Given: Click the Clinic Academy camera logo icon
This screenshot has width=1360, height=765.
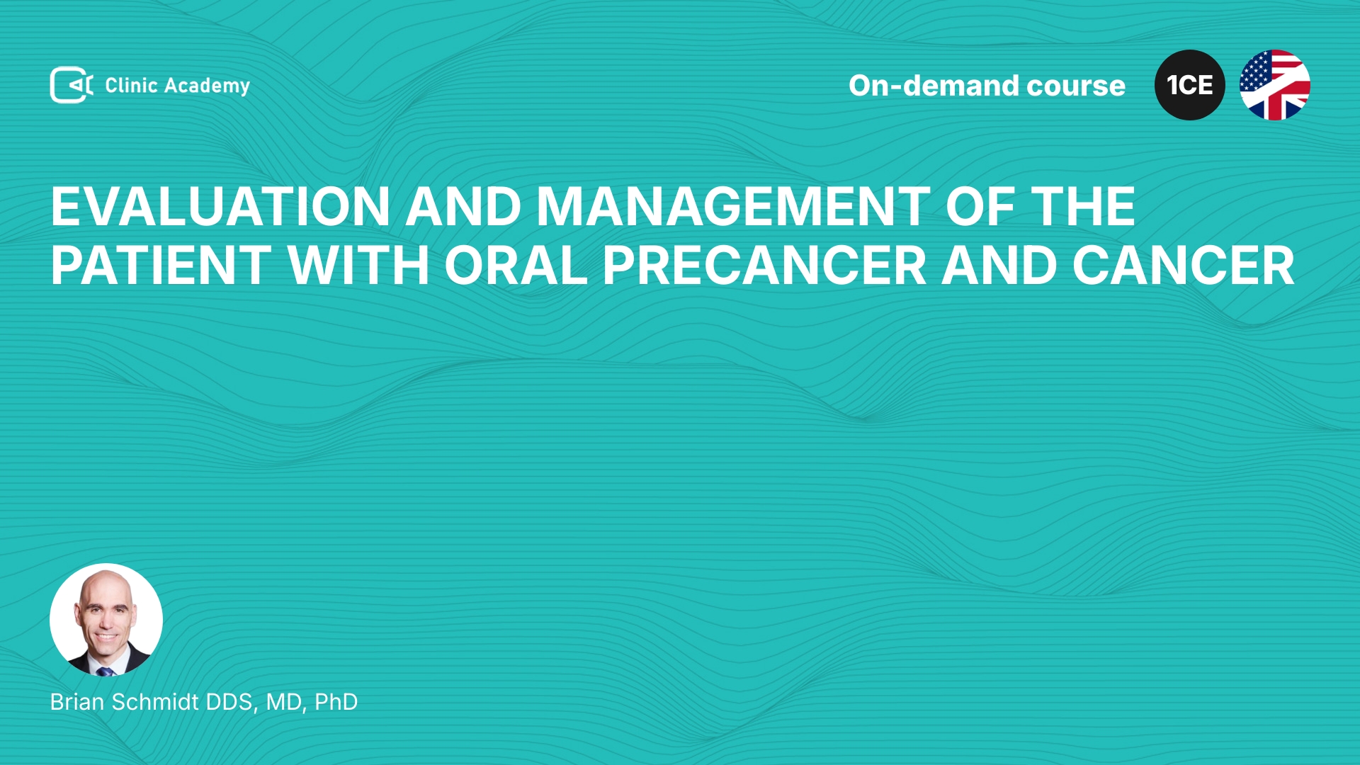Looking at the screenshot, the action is click(72, 85).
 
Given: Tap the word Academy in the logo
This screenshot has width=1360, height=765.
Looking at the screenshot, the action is click(207, 86).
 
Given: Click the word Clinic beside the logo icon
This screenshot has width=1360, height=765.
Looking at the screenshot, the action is click(131, 85).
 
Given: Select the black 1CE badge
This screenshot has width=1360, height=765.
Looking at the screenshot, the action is click(1190, 85).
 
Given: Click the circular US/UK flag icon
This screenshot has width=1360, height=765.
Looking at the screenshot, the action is click(1275, 85).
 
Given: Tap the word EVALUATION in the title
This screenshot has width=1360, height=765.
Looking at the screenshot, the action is click(220, 207).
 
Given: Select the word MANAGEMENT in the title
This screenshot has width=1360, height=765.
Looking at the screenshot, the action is click(733, 207).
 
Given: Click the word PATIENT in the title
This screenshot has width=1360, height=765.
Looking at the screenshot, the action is click(161, 266).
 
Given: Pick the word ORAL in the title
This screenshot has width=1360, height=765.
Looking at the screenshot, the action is click(516, 266).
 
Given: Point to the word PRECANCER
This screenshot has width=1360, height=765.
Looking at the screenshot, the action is click(764, 266).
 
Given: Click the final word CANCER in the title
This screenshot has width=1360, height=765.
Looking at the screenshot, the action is click(1184, 266).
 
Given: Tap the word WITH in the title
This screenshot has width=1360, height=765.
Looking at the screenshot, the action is click(358, 266).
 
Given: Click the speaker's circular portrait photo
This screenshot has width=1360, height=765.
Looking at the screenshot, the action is click(106, 620).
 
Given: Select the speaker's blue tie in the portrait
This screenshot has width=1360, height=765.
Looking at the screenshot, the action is click(106, 670).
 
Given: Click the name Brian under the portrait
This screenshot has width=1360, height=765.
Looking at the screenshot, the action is click(78, 702).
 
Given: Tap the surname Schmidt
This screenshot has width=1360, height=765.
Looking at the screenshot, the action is click(155, 702).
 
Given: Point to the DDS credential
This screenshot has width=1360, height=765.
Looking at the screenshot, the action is click(231, 703).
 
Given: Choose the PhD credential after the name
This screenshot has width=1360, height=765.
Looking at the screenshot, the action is click(336, 702).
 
